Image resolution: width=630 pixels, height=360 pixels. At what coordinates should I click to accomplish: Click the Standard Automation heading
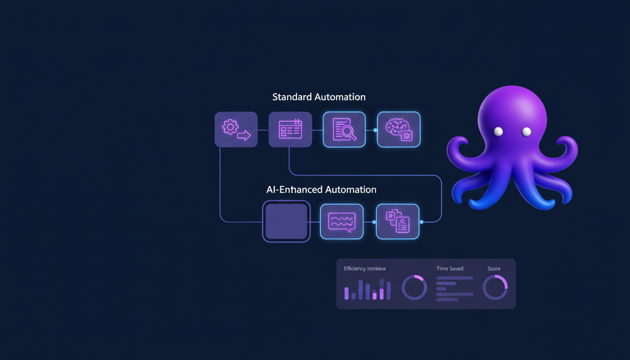coord(319,97)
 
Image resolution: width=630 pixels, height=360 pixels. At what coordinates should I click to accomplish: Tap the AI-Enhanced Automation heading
coord(321,190)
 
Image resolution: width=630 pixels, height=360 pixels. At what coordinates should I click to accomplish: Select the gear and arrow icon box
coord(236,129)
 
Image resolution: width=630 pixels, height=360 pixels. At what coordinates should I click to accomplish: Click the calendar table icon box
coord(290,129)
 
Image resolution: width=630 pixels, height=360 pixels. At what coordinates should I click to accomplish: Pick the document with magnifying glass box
coord(344,129)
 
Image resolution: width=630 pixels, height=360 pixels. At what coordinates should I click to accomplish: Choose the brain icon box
coord(398,129)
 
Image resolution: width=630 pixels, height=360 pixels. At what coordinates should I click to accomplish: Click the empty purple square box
coord(286,221)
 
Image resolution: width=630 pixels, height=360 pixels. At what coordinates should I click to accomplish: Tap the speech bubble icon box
coord(342,221)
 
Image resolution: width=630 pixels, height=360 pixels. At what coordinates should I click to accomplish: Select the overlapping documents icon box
coord(397,221)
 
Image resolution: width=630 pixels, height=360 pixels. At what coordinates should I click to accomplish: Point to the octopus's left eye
coord(498,132)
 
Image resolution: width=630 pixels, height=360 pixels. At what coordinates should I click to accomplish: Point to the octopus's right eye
coord(526,132)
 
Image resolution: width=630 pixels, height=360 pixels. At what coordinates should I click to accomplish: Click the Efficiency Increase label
coord(365,269)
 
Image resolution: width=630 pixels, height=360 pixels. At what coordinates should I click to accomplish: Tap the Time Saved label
coord(450,269)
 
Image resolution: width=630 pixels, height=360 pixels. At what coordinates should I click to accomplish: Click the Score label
coord(494,269)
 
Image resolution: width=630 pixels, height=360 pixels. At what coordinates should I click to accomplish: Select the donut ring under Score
coord(495,287)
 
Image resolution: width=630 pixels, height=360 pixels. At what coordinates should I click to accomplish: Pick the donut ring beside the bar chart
coord(414,287)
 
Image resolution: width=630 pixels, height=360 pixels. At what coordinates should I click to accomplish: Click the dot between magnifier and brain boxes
coord(375,130)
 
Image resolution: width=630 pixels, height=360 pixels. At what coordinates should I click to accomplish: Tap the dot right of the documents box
coord(421,222)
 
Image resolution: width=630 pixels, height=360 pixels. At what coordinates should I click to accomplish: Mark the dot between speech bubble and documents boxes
coord(374,222)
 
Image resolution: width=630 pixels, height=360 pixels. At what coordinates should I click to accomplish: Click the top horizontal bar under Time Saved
coord(455,278)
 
